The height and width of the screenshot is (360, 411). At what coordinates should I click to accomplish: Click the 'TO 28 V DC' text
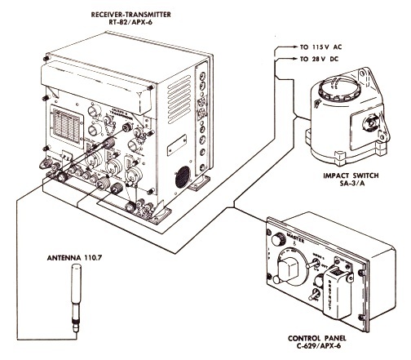tap(315, 60)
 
